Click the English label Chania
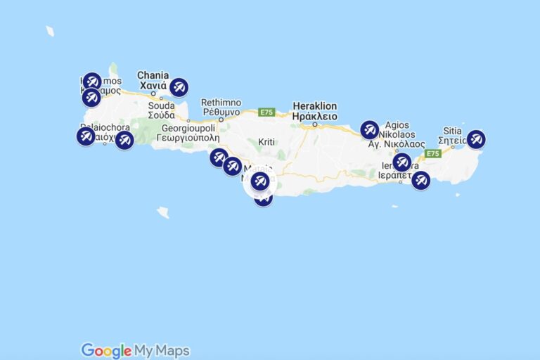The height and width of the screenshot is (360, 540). point(153,75)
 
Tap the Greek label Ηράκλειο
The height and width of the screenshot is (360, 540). point(314,117)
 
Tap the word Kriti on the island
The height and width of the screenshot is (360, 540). point(266,142)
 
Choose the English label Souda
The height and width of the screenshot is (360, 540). point(161,106)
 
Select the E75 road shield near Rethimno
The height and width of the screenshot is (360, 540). point(266,112)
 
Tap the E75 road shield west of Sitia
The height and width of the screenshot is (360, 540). point(432,153)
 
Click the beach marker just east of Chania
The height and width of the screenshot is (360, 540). point(179,87)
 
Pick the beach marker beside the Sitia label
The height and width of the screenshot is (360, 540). point(476,139)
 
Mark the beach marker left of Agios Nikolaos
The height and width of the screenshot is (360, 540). point(370,130)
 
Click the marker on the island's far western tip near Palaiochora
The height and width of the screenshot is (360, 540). point(86,136)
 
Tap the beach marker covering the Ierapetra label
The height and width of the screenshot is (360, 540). point(401,162)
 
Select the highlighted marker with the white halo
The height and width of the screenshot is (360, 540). point(259,181)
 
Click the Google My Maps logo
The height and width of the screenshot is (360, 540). point(135,350)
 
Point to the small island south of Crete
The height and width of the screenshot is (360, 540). point(163,212)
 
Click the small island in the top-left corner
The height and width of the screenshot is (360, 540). point(50,31)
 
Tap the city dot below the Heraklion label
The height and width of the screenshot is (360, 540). point(315,125)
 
